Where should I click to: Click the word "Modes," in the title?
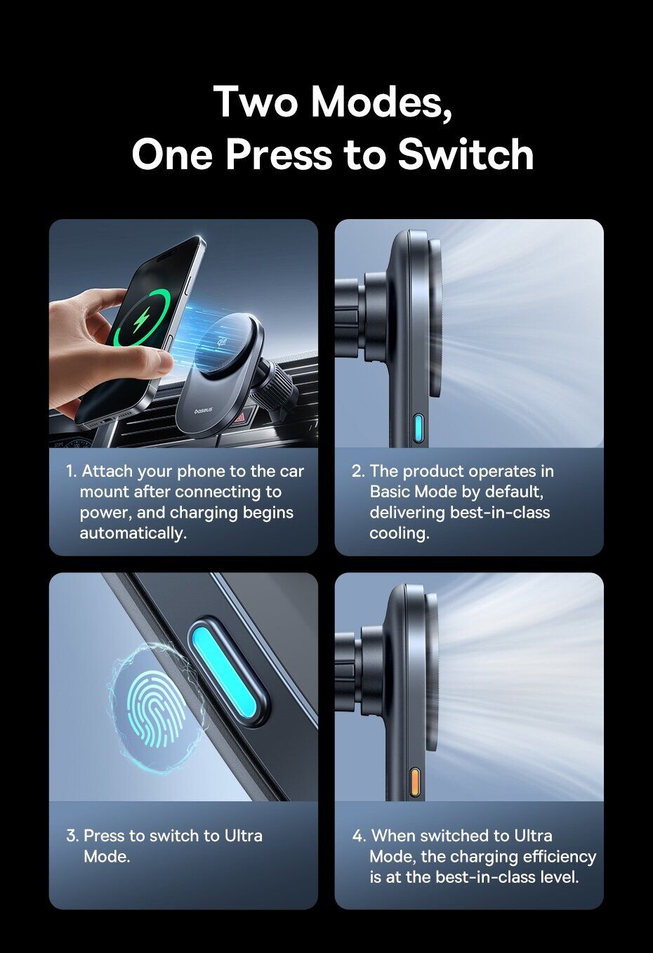click(x=381, y=103)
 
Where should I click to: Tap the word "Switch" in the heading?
click(x=466, y=154)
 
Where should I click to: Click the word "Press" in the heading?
click(x=278, y=154)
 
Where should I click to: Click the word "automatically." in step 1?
click(x=133, y=533)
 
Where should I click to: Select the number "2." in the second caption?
click(x=358, y=471)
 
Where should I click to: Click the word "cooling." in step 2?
click(x=399, y=533)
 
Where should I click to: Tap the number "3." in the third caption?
click(x=73, y=836)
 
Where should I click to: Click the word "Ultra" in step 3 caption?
click(x=244, y=836)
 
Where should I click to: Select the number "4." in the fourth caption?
click(x=360, y=836)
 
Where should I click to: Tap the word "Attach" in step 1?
click(x=107, y=471)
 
